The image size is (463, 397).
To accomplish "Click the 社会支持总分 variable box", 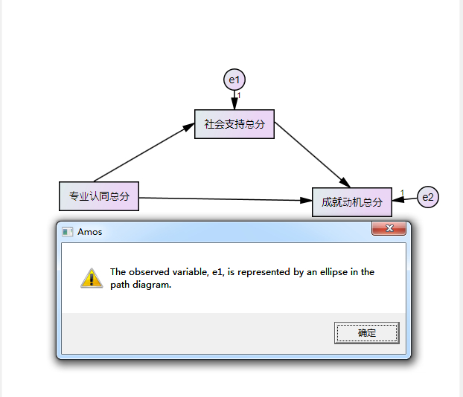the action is [x=234, y=124].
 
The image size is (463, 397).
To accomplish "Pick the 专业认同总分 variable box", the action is [x=99, y=196].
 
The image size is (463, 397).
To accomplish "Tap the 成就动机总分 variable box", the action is [x=352, y=202].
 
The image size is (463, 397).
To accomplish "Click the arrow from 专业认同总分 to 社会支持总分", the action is [x=144, y=152].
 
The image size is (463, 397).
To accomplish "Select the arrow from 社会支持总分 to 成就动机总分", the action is [x=313, y=155].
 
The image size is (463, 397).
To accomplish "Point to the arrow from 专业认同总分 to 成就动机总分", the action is [x=226, y=199].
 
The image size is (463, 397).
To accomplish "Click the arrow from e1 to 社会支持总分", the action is [x=234, y=100].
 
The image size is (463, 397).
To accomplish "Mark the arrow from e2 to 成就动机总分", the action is [x=404, y=199].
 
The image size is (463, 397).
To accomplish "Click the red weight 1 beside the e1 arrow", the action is [x=239, y=96].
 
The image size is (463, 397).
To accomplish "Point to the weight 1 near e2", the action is [x=402, y=193].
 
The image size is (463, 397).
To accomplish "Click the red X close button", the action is [x=389, y=228].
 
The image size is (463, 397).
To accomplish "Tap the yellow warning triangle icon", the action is [x=92, y=278].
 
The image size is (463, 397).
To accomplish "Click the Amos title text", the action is [x=90, y=232].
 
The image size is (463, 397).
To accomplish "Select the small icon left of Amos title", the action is [x=67, y=232].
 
